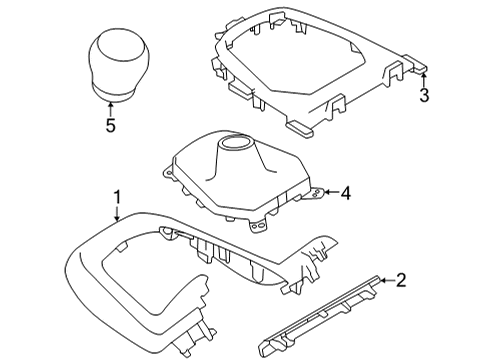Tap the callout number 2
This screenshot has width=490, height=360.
pyautogui.click(x=400, y=282)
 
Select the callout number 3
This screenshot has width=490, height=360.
pyautogui.click(x=424, y=96)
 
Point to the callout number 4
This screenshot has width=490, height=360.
pyautogui.click(x=345, y=192)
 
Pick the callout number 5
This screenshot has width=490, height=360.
pyautogui.click(x=111, y=125)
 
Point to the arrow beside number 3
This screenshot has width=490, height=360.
pyautogui.click(x=424, y=80)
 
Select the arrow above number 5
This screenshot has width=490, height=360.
pyautogui.click(x=111, y=108)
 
